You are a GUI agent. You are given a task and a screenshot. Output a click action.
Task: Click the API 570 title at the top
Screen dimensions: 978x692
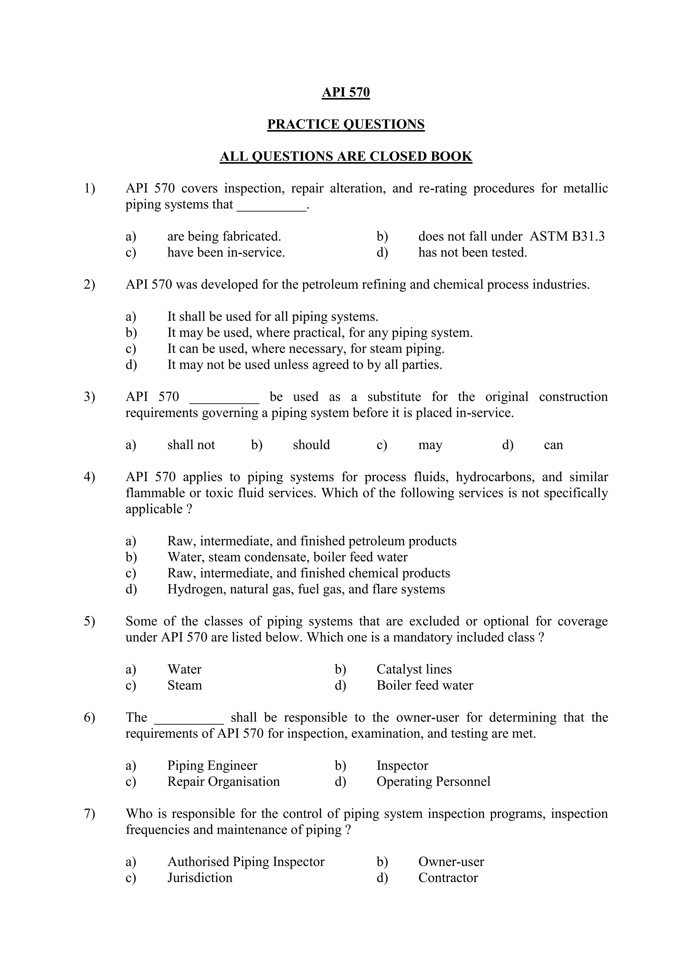point(346,93)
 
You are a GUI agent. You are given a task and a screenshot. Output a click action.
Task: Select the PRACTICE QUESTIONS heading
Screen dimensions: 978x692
point(346,124)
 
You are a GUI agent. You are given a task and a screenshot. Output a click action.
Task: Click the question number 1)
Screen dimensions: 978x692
point(90,188)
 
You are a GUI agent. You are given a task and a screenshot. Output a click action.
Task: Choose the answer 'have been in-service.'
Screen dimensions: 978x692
point(226,253)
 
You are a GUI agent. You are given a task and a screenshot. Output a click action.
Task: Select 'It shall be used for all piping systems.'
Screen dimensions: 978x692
point(273,317)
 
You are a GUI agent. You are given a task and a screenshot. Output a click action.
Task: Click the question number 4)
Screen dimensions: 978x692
point(90,477)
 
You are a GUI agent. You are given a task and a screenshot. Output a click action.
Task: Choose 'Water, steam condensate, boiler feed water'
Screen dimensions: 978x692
point(287,557)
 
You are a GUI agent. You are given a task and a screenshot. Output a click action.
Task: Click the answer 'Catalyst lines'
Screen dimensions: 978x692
point(414,670)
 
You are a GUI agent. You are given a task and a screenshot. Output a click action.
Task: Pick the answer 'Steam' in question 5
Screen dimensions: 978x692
point(184,686)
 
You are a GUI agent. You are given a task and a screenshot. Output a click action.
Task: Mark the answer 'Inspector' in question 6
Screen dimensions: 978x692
point(402,766)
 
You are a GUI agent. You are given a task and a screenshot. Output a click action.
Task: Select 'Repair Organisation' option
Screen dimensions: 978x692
point(223,782)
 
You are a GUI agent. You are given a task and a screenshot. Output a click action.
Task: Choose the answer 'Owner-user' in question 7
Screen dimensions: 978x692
point(451,862)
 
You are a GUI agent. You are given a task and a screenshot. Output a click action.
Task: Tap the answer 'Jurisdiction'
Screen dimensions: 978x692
point(199,878)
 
